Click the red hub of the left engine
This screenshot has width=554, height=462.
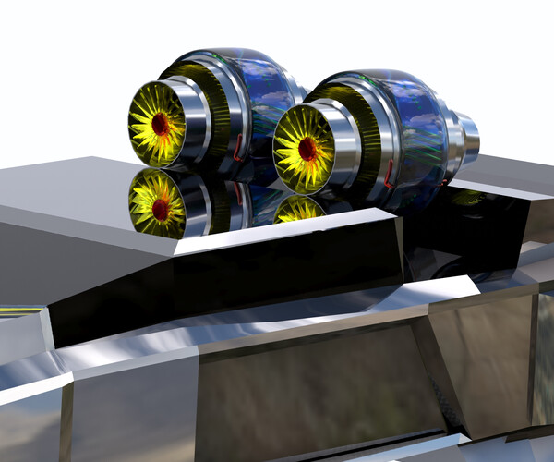coord(161,123)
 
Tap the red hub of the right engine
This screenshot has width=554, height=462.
coord(307,148)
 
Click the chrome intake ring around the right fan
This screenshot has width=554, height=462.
coord(338,148)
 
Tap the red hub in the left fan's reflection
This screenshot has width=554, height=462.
coord(161,209)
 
